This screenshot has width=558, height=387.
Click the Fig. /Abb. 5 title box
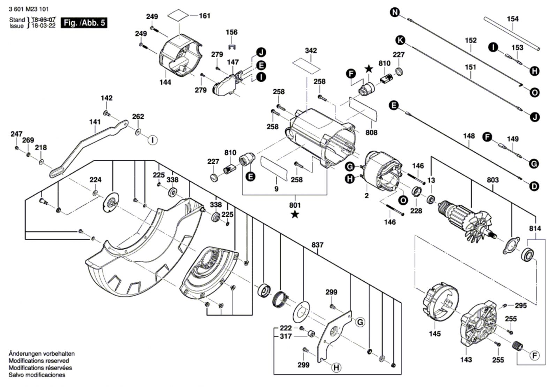tap(84, 23)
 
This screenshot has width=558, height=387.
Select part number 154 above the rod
tap(512, 19)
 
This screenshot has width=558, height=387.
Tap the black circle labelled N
tap(394, 13)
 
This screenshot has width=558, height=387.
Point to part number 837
tap(317, 245)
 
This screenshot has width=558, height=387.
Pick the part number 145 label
tap(435, 334)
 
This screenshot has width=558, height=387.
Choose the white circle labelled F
tap(534, 356)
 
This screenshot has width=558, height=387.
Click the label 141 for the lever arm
tap(95, 122)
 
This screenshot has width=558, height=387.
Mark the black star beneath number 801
tap(295, 214)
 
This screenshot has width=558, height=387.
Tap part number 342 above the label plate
tap(310, 51)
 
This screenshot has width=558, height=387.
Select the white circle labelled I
tap(152, 140)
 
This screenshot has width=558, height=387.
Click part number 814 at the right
tap(535, 228)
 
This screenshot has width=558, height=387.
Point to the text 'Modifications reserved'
tap(39, 361)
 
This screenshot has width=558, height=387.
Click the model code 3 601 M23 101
tap(29, 9)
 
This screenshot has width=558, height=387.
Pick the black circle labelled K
tap(400, 40)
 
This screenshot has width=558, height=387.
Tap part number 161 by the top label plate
tap(204, 16)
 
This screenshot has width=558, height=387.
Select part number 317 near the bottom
tap(286, 336)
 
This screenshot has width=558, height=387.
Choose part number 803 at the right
tap(492, 180)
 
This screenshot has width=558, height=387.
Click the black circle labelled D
tap(534, 187)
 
